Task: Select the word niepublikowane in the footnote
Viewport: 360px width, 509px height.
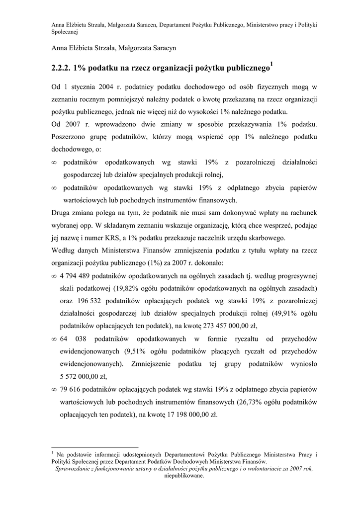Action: tap(184, 476)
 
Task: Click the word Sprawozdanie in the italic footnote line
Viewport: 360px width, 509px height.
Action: tap(74, 468)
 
